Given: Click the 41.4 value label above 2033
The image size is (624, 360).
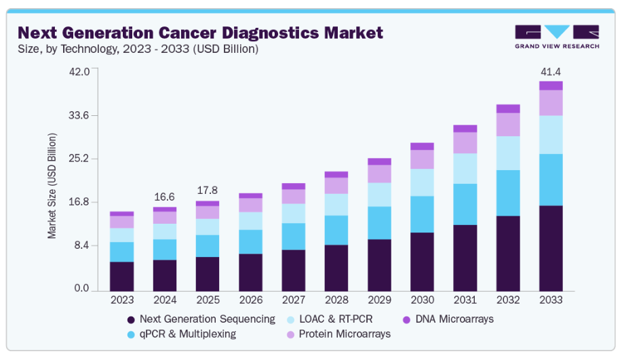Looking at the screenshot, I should [551, 72].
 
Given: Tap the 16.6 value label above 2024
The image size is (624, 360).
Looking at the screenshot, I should [165, 197].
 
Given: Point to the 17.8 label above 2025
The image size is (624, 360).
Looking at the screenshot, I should [208, 191].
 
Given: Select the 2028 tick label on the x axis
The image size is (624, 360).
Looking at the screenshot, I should [336, 299].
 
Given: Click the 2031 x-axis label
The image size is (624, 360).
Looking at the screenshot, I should [465, 299].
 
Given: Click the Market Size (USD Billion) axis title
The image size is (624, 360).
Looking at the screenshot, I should [52, 186].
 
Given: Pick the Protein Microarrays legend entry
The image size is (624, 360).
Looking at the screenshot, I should [342, 334].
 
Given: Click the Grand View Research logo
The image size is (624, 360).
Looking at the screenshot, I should [557, 37].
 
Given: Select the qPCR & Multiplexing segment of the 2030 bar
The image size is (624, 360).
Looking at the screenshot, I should [422, 214].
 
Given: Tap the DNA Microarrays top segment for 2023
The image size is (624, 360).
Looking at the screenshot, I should [122, 214].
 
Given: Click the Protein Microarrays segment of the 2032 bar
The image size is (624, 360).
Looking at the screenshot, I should [508, 124].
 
